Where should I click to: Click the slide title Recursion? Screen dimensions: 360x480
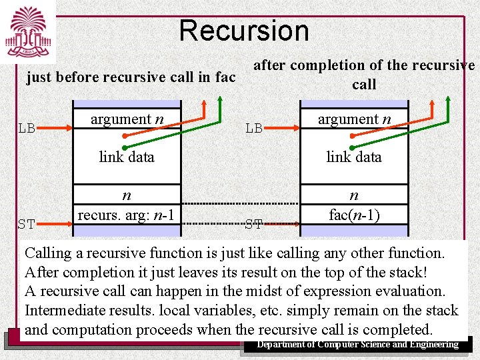pyautogui.click(x=244, y=31)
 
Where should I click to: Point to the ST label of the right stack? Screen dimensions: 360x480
pyautogui.click(x=253, y=224)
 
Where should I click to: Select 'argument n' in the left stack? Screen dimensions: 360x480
pyautogui.click(x=127, y=119)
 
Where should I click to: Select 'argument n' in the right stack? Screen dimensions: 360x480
pyautogui.click(x=354, y=119)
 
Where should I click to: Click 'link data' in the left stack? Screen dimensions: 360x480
pyautogui.click(x=127, y=157)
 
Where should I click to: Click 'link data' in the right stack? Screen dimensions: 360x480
pyautogui.click(x=354, y=157)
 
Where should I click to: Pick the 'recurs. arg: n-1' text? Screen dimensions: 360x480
pyautogui.click(x=126, y=215)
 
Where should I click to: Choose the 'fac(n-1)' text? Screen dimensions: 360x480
pyautogui.click(x=354, y=215)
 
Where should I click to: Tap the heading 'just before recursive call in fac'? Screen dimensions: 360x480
pyautogui.click(x=131, y=77)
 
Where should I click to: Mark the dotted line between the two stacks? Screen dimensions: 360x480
pyautogui.click(x=240, y=203)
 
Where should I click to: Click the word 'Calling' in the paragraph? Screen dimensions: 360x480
pyautogui.click(x=50, y=253)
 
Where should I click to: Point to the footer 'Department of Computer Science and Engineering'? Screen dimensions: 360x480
pyautogui.click(x=358, y=345)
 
